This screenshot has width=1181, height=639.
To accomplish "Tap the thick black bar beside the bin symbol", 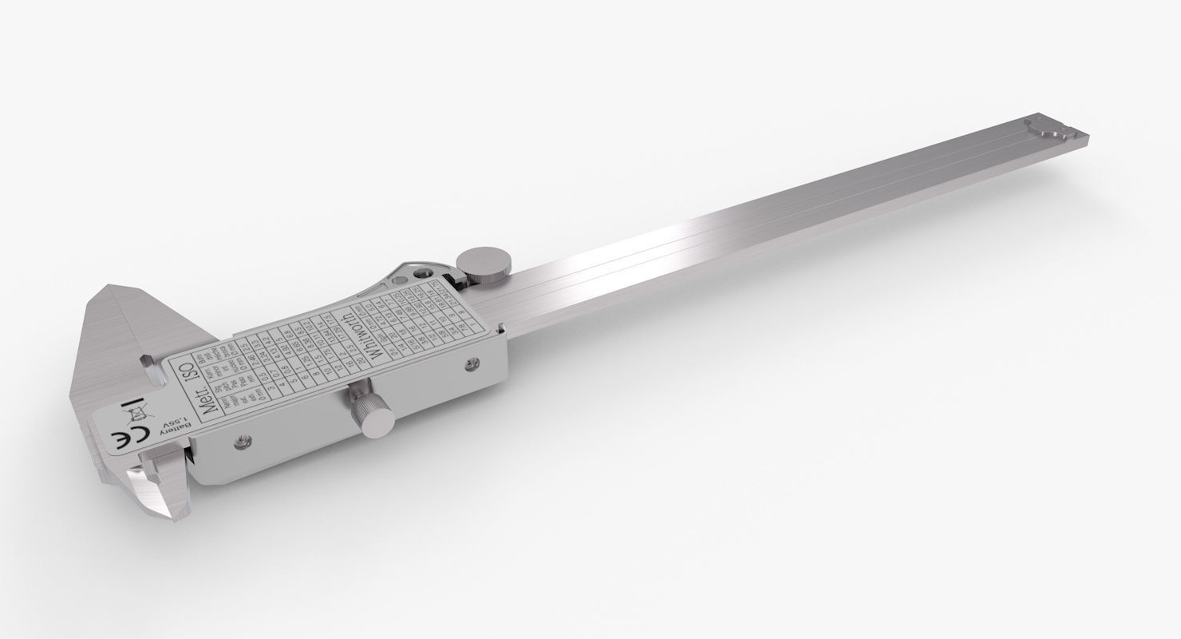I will click(132, 402).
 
